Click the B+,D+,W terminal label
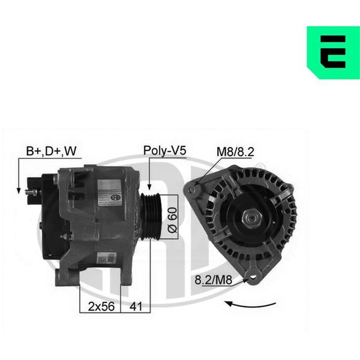pyautogui.click(x=51, y=151)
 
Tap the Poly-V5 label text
pyautogui.click(x=164, y=151)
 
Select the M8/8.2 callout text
pyautogui.click(x=235, y=152)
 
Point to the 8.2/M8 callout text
pyautogui.click(x=213, y=280)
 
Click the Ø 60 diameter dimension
pyautogui.click(x=173, y=220)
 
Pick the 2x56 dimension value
pyautogui.click(x=101, y=306)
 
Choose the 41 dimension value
pyautogui.click(x=136, y=306)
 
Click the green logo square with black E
pyautogui.click(x=334, y=53)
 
